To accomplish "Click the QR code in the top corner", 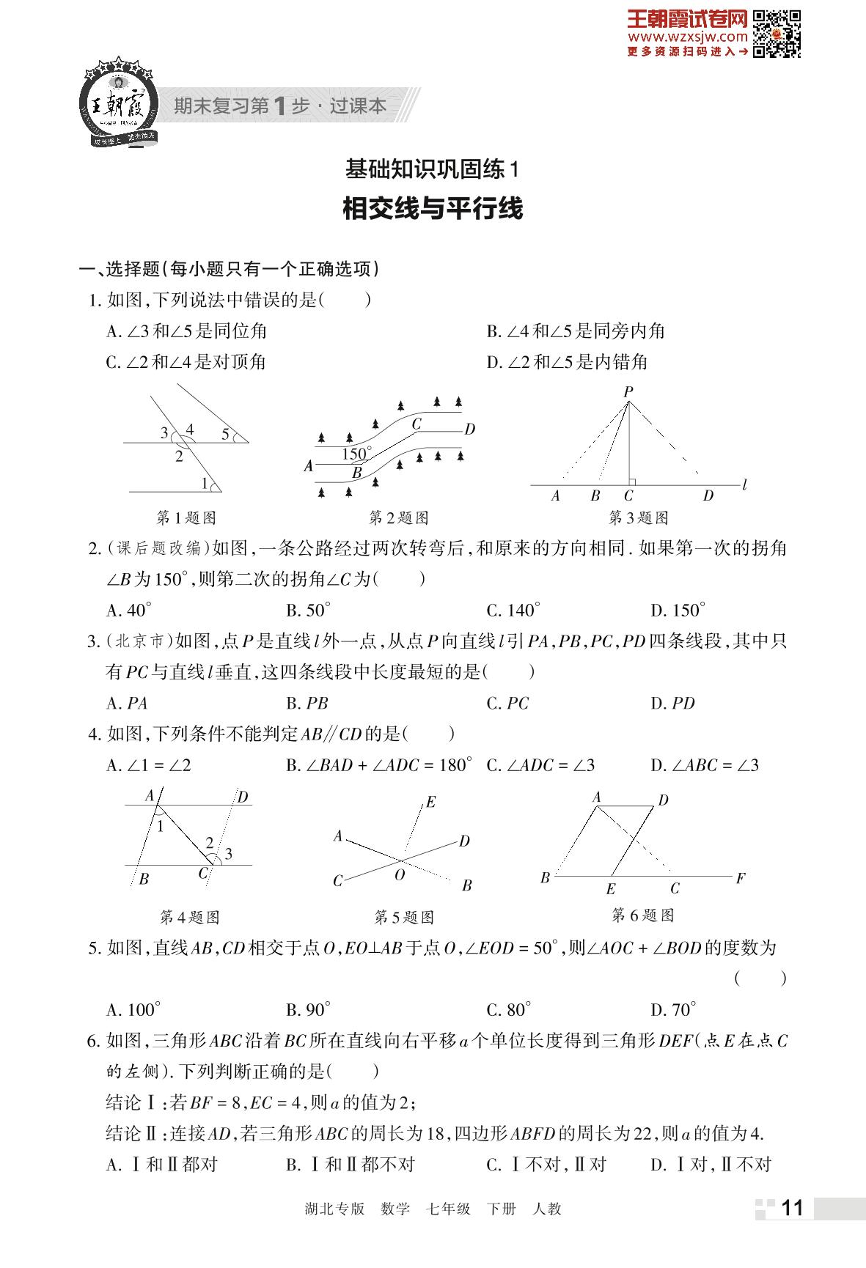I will (x=777, y=34).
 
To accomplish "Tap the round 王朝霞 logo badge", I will (x=119, y=103).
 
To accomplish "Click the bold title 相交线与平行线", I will (x=433, y=209).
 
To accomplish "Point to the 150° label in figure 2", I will (x=356, y=454).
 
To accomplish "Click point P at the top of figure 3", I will (x=628, y=392).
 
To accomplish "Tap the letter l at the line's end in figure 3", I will (x=745, y=485).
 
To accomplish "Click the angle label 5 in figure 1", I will (x=226, y=434).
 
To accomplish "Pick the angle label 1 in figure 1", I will (x=205, y=482).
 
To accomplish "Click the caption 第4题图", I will (x=189, y=917).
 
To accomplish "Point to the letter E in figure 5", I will (x=430, y=802).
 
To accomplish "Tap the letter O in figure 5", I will (x=400, y=874).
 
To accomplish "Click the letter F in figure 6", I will (x=741, y=877).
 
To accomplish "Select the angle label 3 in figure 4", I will (x=228, y=853).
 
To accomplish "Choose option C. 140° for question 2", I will (x=513, y=610).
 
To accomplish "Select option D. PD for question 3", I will (x=672, y=704).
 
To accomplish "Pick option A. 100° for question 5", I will (x=133, y=1010).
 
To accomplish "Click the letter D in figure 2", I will (x=470, y=430).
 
